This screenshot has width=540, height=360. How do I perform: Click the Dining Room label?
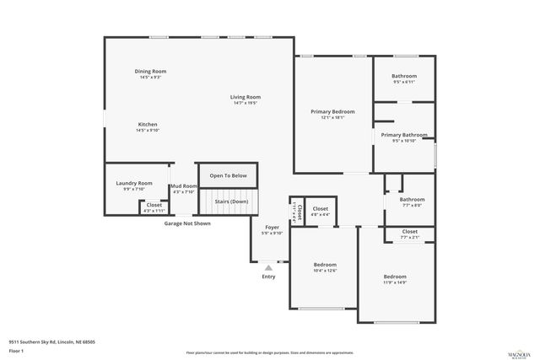coord(150,71)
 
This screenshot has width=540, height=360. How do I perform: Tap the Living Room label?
coord(246,97)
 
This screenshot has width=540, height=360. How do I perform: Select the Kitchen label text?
coord(148,124)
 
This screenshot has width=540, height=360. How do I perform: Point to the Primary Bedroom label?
coord(332,111)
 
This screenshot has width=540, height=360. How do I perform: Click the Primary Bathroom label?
coord(403,134)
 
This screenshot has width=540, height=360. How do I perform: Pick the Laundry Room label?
coord(134,183)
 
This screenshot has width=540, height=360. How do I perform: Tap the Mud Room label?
coord(183,186)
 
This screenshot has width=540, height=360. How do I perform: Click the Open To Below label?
coord(228,175)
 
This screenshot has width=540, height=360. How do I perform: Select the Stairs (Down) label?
coord(231,201)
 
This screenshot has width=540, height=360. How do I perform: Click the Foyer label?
coord(273,228)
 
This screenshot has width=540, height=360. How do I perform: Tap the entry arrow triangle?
coord(269,267)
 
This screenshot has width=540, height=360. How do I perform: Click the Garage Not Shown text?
coord(187,223)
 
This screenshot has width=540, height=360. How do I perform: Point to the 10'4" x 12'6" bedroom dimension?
coord(325,271)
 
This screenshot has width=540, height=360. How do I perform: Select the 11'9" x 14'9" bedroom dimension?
coord(395,283)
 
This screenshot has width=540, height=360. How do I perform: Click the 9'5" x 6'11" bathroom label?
coord(404,82)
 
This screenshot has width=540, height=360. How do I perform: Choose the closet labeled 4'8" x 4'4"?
coord(321,214)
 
